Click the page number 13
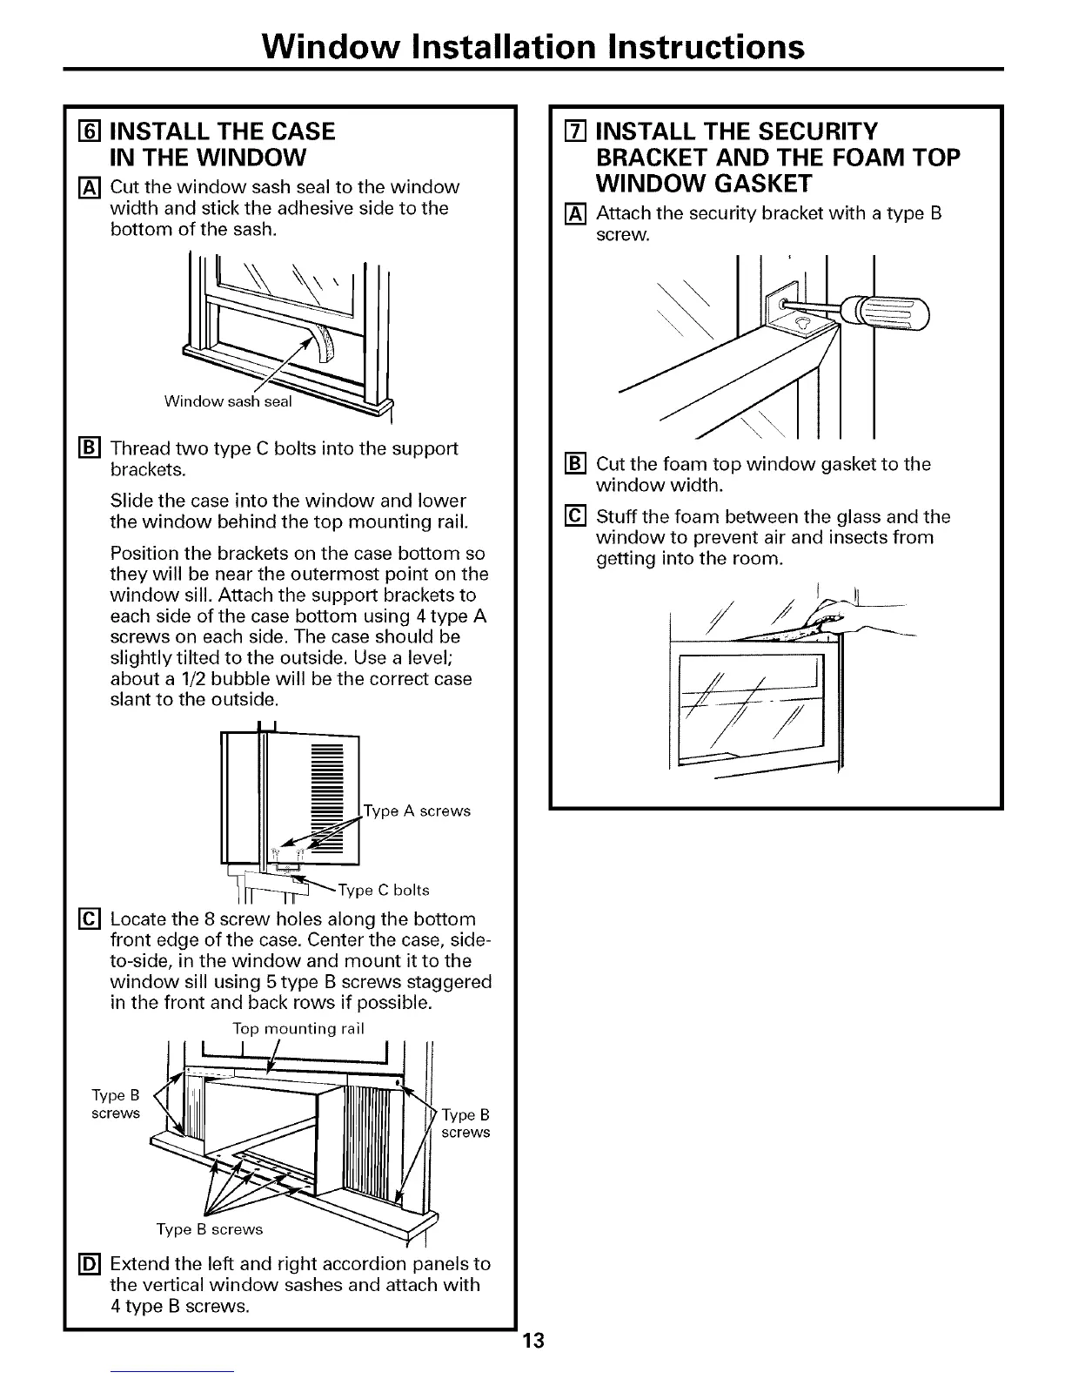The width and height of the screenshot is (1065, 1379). [533, 1341]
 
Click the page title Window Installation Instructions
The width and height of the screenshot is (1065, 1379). [532, 45]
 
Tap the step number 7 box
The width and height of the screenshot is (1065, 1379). [573, 131]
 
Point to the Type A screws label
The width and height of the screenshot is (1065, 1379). [417, 811]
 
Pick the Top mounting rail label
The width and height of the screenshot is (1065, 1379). [298, 1028]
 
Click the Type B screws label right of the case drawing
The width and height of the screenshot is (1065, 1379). [466, 1123]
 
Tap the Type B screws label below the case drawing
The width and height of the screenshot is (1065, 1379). [209, 1229]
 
